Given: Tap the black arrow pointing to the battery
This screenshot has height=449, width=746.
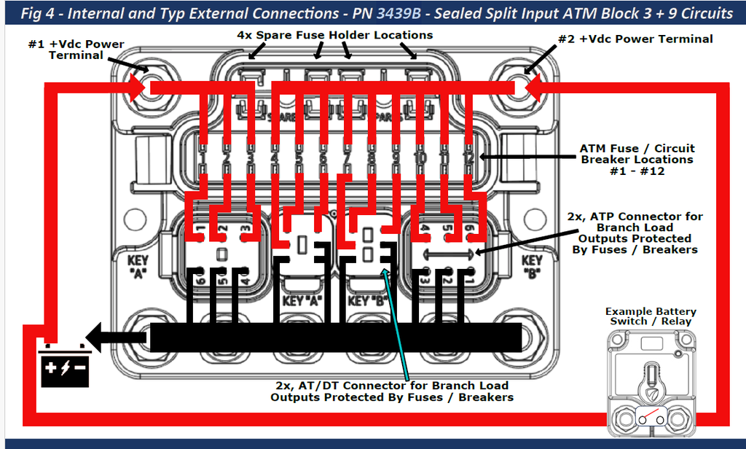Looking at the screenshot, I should [x=117, y=337].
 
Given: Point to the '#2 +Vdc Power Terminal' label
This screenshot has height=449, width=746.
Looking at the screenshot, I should [x=635, y=39].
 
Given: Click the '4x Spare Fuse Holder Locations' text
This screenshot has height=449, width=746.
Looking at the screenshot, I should [x=335, y=35].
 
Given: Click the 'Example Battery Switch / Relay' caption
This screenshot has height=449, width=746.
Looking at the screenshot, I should [x=651, y=316].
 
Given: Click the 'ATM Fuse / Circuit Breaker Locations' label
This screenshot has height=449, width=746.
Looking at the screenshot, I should [x=636, y=159].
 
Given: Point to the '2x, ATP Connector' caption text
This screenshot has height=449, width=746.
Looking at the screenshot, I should [x=635, y=233].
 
